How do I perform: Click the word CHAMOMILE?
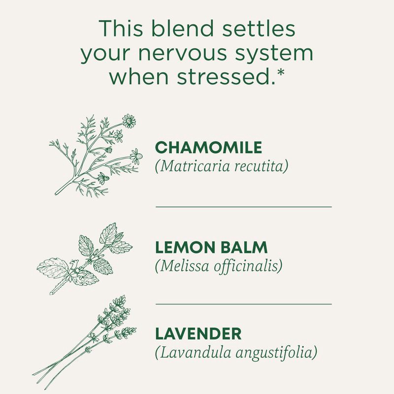click(x=208, y=147)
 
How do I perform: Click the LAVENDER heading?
click(x=198, y=333)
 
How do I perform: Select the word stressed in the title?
click(x=227, y=78)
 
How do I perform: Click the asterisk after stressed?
click(x=280, y=74)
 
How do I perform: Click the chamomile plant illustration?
click(x=96, y=155)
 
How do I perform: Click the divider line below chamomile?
click(x=244, y=207)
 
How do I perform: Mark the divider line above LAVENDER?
click(x=244, y=304)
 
